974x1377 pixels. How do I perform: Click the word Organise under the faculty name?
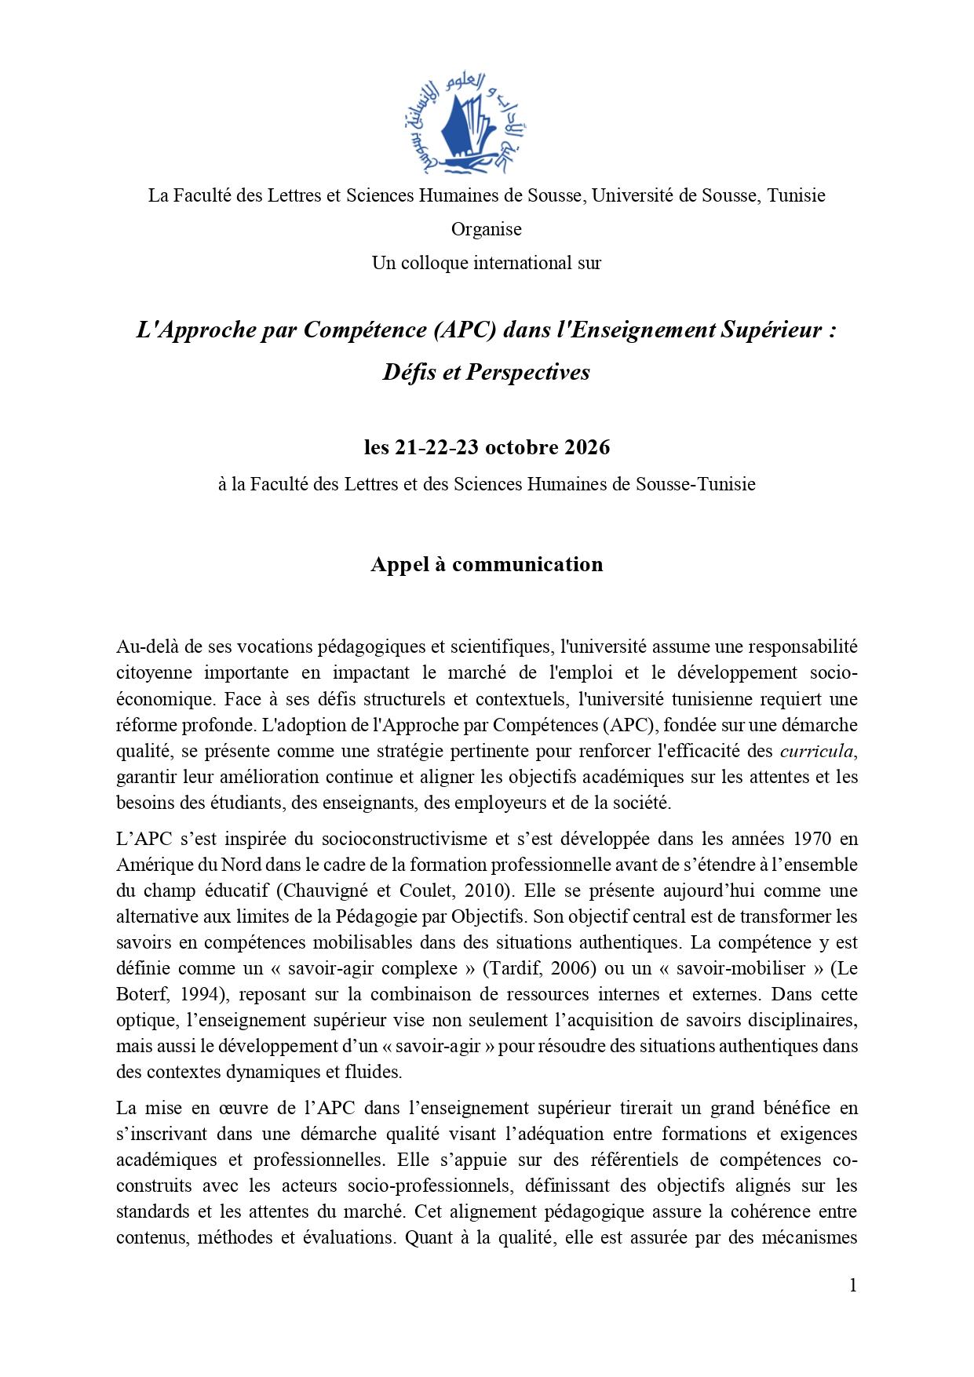pos(486,229)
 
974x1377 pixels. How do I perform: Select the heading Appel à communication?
pos(487,564)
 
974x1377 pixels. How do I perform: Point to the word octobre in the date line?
pos(521,448)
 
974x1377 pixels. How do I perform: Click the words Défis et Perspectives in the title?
pos(486,372)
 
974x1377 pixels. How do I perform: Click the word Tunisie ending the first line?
pos(796,195)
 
